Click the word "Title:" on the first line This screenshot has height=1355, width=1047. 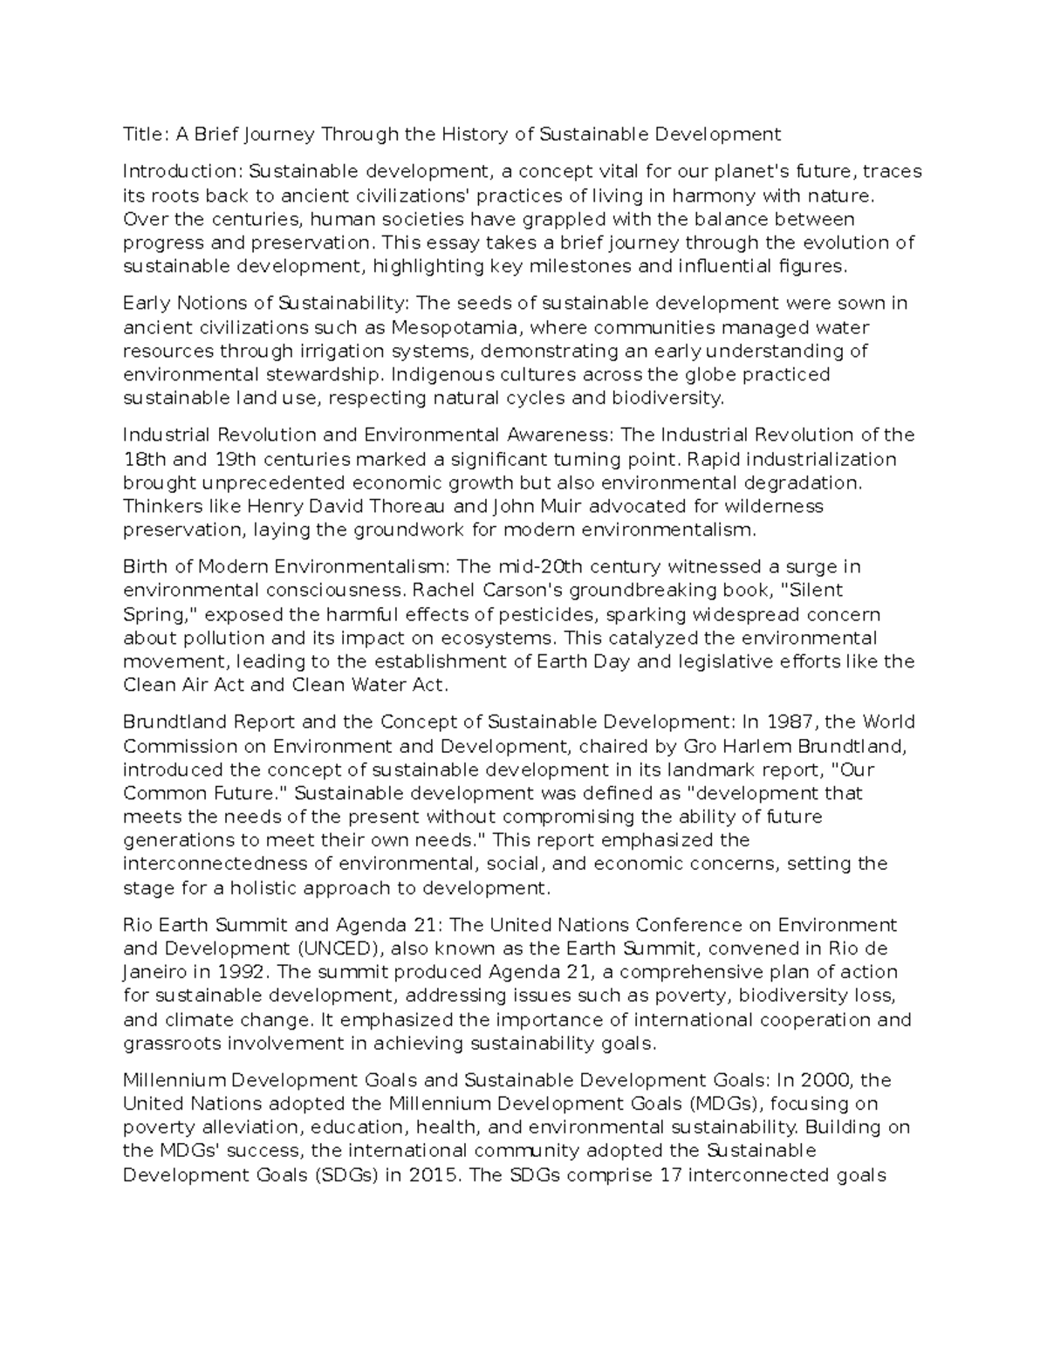146,134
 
